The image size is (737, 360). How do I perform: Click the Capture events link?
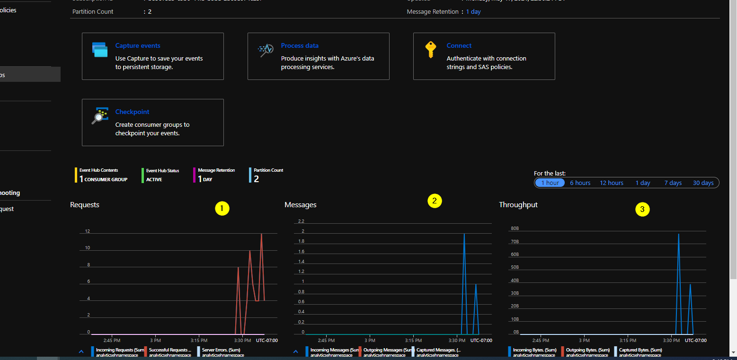point(138,46)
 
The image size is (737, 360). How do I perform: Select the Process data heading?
point(300,46)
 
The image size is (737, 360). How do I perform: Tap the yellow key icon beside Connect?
point(430,50)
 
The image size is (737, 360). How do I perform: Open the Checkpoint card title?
point(132,112)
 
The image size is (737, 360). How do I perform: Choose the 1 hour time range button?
point(550,183)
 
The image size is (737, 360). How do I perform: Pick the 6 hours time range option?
point(580,183)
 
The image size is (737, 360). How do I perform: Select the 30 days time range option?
point(703,183)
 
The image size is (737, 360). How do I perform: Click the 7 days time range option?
point(673,183)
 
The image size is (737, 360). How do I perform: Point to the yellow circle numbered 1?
point(222,209)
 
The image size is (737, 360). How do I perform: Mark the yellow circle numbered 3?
point(642,209)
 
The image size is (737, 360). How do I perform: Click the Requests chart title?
point(85,205)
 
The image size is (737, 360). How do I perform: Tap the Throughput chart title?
point(518,205)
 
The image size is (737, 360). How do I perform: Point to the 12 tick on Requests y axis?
point(88,231)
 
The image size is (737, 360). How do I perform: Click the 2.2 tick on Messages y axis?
point(301,221)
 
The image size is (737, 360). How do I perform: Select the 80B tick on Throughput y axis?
point(515,228)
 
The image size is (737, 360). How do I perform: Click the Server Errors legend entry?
point(221,350)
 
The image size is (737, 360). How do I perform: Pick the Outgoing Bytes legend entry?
point(586,350)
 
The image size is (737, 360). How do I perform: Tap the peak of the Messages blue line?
point(464,234)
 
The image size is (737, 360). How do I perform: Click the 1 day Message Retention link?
point(473,12)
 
